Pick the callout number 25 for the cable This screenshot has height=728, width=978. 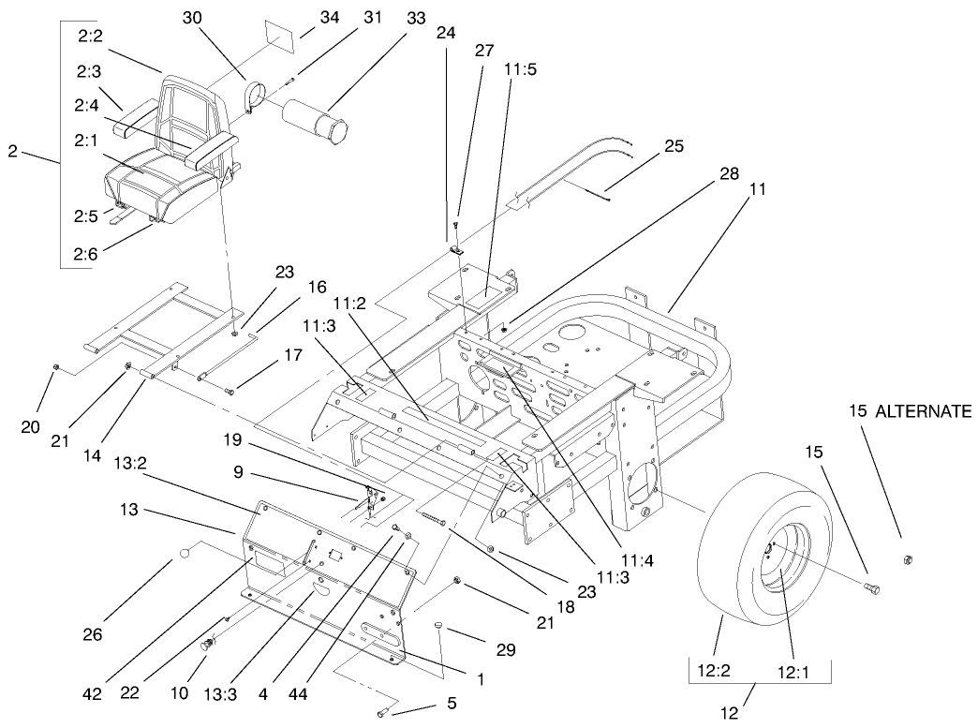[673, 145]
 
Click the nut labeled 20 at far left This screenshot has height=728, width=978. [55, 366]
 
